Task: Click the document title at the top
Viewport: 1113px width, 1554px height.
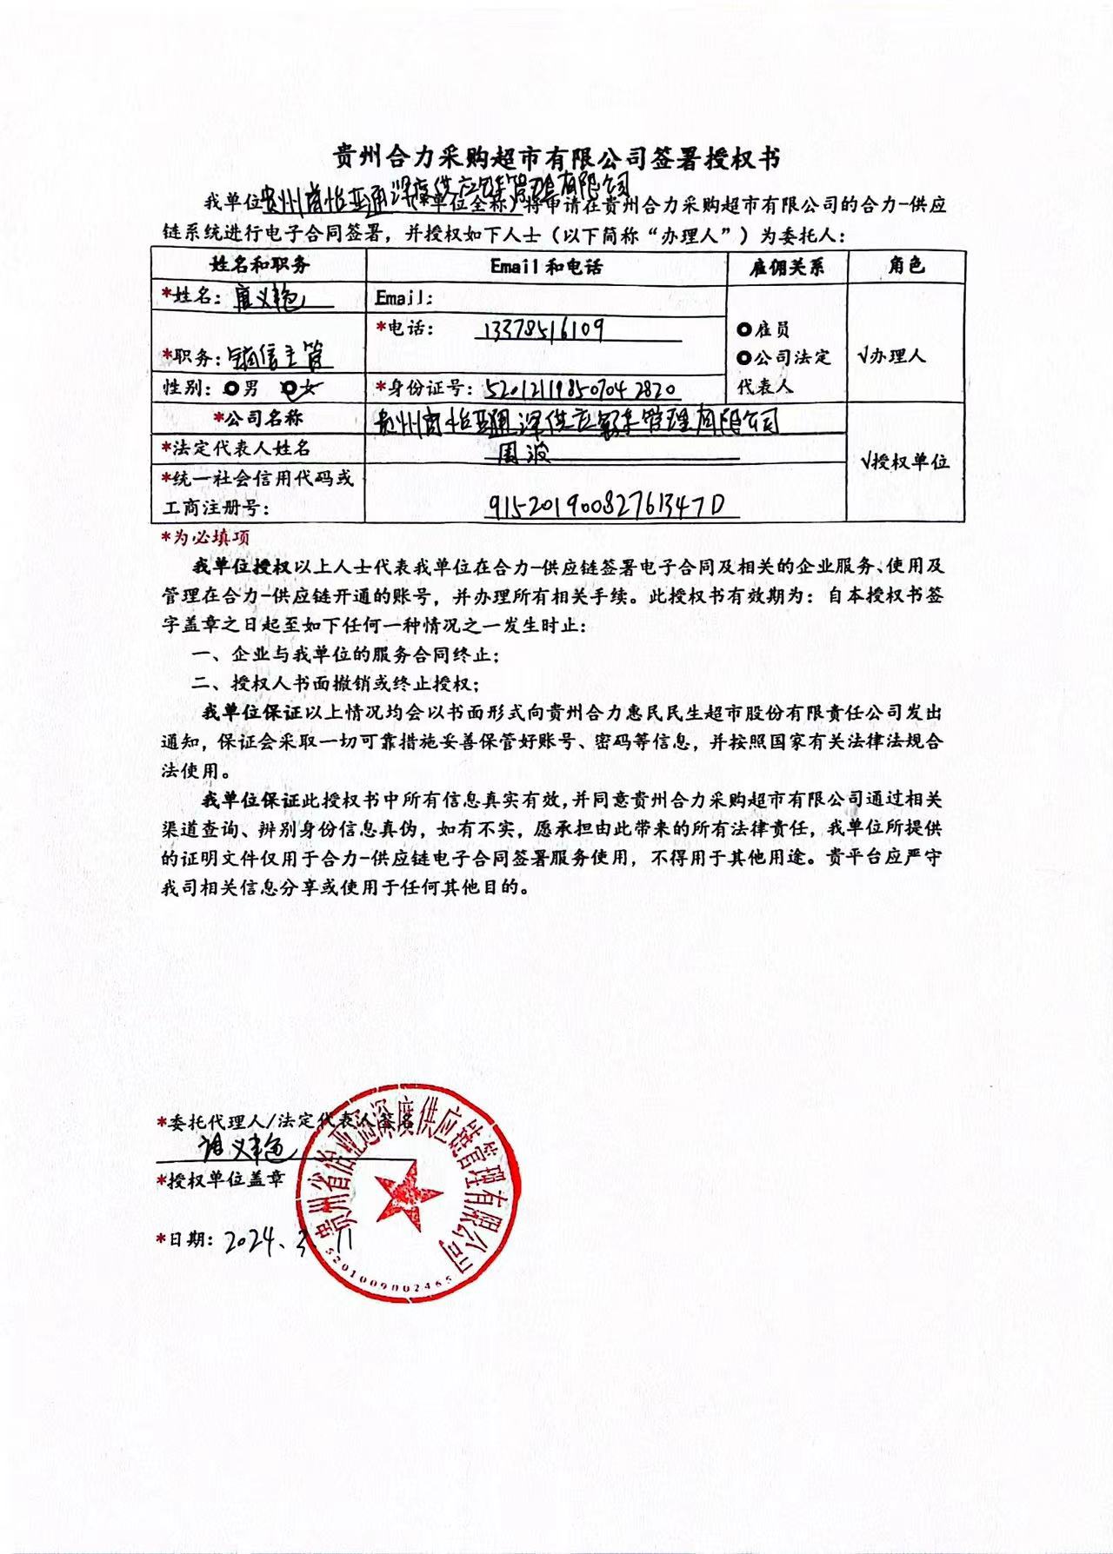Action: click(556, 158)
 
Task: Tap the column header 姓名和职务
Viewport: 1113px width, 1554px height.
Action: click(258, 265)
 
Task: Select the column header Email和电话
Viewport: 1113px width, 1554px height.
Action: click(546, 266)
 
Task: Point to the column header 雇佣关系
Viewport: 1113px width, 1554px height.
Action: click(787, 266)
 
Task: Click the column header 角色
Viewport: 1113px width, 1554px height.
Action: click(906, 265)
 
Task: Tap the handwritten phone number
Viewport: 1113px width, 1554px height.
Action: click(542, 329)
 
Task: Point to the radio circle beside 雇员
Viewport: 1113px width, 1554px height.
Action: click(743, 329)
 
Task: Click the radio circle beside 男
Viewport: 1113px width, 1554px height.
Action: click(230, 388)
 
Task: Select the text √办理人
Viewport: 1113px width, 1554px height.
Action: click(891, 355)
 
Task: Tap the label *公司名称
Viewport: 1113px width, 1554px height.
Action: click(258, 418)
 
